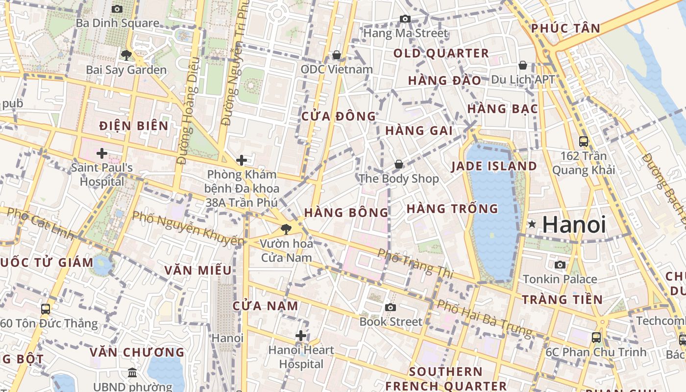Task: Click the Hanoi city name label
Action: (574, 224)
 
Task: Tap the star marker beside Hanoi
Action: (532, 224)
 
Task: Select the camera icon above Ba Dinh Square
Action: (117, 9)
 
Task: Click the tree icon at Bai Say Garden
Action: (126, 55)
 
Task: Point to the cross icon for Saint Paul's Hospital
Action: (101, 153)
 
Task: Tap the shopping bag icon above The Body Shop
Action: (399, 164)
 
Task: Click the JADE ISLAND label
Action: (494, 166)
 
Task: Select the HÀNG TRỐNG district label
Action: (452, 209)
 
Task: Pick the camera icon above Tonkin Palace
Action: (560, 265)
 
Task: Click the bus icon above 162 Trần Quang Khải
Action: (583, 142)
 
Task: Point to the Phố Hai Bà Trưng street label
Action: (484, 318)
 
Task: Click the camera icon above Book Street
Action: (390, 307)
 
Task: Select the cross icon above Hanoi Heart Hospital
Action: (301, 336)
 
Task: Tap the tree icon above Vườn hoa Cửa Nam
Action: (286, 228)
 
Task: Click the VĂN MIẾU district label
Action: (198, 270)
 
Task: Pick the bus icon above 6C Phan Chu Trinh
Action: (596, 337)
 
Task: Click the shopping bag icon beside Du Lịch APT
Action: (523, 65)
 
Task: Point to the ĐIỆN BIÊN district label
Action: (134, 126)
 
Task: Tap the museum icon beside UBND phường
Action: (132, 373)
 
